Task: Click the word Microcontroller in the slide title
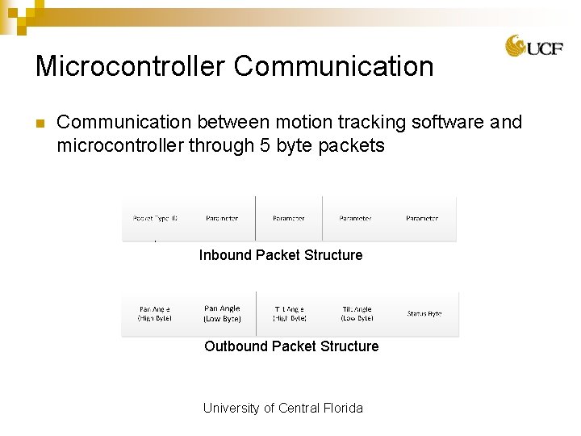pos(131,66)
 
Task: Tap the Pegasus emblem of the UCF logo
pos(516,46)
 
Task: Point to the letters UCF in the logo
pos(545,48)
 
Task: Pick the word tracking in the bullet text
pos(372,122)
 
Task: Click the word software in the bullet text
pos(449,122)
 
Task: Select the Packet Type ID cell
pos(155,219)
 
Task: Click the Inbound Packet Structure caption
pos(281,255)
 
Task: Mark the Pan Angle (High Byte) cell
pos(154,313)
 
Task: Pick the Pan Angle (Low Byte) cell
pos(222,313)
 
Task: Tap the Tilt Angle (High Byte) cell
pos(290,313)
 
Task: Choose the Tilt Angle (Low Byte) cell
pos(357,313)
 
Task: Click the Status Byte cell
pos(424,313)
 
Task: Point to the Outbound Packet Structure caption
pos(291,346)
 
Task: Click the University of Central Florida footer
pos(282,408)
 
